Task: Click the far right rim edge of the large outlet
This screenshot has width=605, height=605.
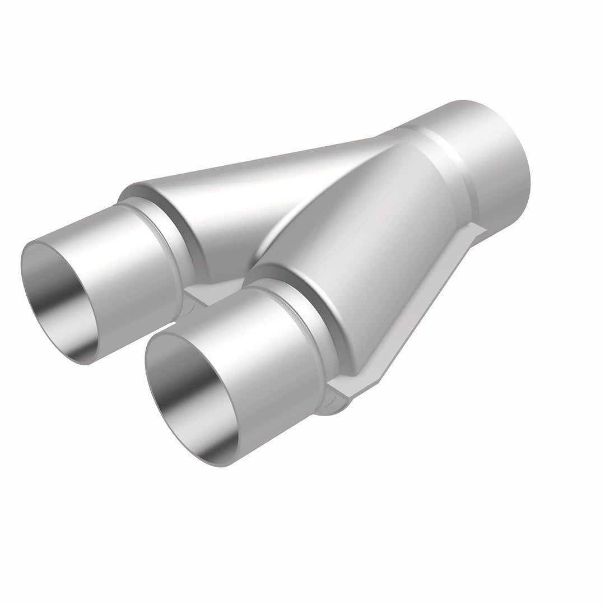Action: click(529, 162)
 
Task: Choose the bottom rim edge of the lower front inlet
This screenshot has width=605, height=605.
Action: click(207, 463)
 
